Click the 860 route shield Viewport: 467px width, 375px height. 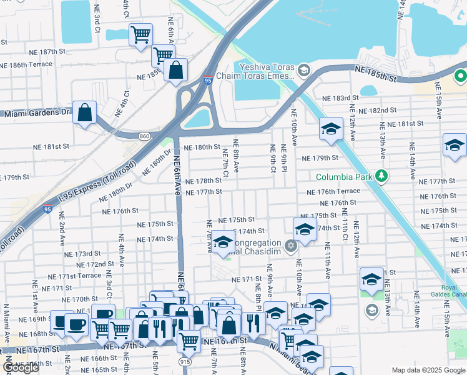click(x=145, y=135)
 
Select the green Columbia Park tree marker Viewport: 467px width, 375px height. click(x=378, y=177)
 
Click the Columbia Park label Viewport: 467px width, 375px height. click(x=343, y=177)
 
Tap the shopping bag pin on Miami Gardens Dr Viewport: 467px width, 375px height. click(x=84, y=114)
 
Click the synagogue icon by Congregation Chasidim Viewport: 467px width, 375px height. click(x=290, y=245)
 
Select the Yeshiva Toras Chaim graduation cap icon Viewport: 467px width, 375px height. click(x=304, y=69)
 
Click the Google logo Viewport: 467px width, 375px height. click(x=21, y=367)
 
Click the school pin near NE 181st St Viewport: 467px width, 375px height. click(x=331, y=129)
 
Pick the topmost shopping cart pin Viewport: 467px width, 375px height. click(x=140, y=34)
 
